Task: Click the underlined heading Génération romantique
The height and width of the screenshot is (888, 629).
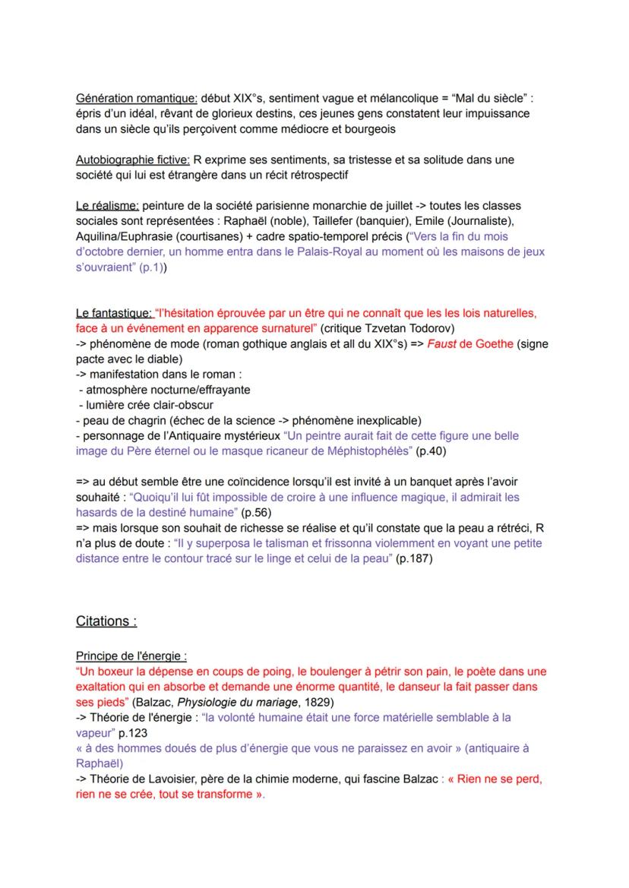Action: point(137,98)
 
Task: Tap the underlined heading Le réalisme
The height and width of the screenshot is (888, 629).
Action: point(107,206)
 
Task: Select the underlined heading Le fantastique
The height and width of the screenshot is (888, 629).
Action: point(112,313)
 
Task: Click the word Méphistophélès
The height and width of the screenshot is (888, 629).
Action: point(357,451)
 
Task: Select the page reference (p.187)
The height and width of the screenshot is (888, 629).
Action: point(416,558)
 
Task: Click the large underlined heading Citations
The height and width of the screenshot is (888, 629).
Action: point(106,621)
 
